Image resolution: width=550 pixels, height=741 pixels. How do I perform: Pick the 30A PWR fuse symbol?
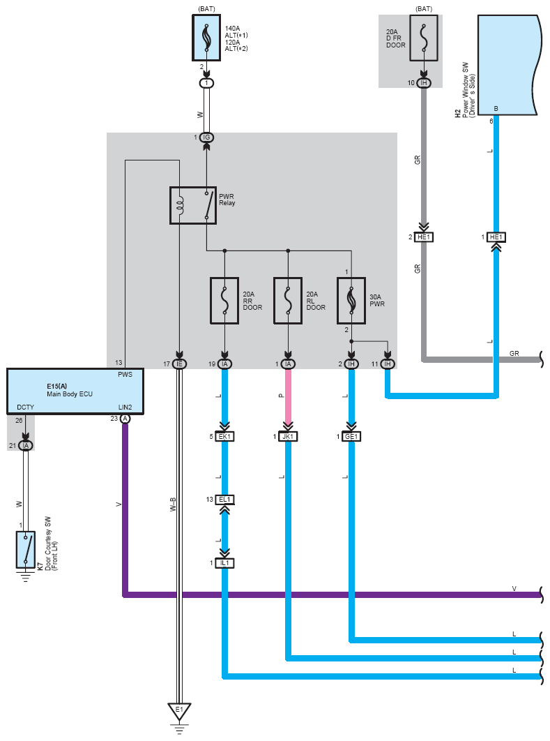[x=351, y=301]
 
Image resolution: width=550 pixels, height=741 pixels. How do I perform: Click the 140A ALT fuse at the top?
[x=206, y=38]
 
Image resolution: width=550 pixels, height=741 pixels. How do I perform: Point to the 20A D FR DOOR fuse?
[x=423, y=38]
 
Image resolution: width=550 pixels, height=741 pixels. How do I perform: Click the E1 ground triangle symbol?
[x=179, y=711]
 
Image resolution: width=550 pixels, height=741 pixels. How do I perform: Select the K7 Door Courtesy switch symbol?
[x=26, y=550]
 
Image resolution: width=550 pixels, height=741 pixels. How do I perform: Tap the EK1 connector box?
[x=224, y=437]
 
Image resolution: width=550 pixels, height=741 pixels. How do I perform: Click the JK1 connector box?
[x=288, y=437]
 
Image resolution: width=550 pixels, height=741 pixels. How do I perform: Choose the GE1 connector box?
[x=351, y=437]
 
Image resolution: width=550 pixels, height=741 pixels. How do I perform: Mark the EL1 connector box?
[x=224, y=500]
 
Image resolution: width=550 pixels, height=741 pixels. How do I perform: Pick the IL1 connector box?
[x=224, y=563]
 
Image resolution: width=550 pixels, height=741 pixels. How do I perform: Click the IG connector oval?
[x=206, y=137]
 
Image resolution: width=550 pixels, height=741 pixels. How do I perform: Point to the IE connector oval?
[x=179, y=364]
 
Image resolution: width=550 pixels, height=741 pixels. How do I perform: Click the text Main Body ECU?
[x=70, y=394]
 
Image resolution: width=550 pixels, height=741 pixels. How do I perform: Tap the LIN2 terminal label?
[x=125, y=407]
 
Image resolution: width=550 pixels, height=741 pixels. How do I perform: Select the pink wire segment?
[x=288, y=396]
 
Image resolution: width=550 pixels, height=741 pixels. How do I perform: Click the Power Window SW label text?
[x=466, y=90]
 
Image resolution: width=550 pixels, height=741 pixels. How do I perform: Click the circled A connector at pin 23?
[x=125, y=419]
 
